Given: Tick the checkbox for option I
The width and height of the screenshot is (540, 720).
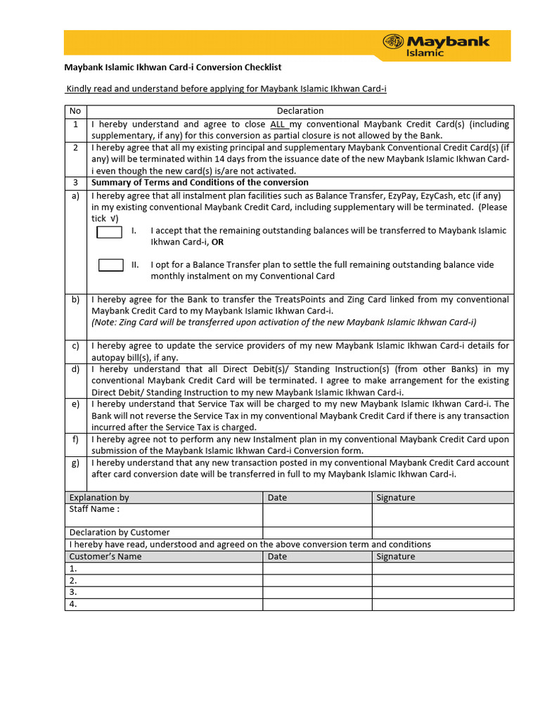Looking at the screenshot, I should [110, 232].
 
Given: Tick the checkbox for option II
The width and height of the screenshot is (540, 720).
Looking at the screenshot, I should [110, 265].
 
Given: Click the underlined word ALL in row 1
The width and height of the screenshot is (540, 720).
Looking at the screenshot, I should [278, 124].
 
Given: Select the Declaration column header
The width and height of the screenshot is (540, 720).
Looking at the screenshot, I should [300, 111].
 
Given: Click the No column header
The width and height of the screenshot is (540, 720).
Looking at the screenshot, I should [75, 111].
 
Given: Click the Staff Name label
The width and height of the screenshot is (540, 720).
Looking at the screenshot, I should [94, 509].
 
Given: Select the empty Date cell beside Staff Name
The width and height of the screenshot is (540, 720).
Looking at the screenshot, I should [317, 515].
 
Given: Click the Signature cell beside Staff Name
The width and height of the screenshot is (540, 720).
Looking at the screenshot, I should [443, 515].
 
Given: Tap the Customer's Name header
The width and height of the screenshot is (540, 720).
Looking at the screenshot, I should [105, 556].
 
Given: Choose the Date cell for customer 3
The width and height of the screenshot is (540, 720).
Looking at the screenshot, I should [317, 592].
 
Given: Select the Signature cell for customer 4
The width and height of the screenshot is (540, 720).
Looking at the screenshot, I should [443, 604].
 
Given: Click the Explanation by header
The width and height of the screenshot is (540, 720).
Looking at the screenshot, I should [99, 497].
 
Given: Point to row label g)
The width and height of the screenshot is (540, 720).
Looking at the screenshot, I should [75, 463].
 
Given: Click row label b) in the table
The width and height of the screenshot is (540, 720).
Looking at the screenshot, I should [75, 300].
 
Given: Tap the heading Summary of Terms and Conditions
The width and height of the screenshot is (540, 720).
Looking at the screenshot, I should [200, 183].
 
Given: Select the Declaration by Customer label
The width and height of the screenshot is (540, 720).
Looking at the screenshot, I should [120, 532].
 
